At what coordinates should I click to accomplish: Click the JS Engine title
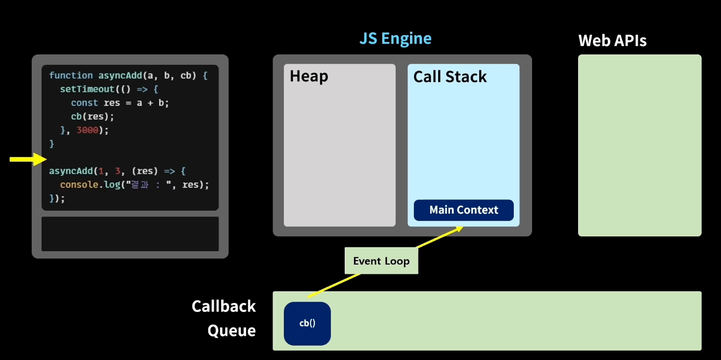coord(395,39)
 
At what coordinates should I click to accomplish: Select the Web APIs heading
coord(612,41)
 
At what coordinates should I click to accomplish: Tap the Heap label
coord(309,76)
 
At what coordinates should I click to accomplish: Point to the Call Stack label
coord(450,77)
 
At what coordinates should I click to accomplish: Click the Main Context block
coord(463,210)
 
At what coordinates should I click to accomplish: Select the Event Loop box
coord(381,261)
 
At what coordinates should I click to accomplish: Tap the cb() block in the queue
coord(308,323)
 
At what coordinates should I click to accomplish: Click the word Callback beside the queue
coord(224,306)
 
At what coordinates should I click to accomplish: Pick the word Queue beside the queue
coord(231,331)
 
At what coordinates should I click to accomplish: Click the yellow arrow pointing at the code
coord(28,159)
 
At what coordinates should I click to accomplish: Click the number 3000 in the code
coord(87,130)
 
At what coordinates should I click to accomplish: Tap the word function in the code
coord(71,76)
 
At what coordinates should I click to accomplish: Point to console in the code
coord(79,185)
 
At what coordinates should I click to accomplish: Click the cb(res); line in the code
coord(92,117)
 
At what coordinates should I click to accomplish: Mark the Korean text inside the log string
coord(139,185)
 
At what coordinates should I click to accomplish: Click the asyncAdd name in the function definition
coord(120,76)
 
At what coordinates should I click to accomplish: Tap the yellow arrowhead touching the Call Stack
coord(459,229)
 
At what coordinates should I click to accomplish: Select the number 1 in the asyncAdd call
coord(101,171)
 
